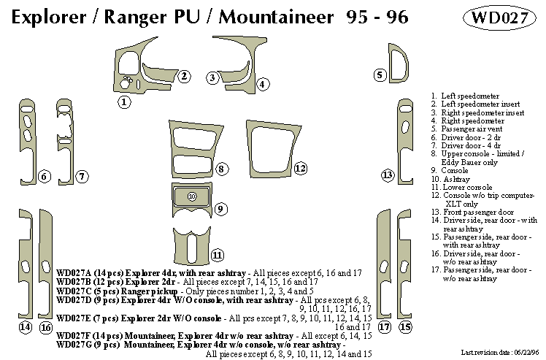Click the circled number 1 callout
click(125, 102)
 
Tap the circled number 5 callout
click(380, 74)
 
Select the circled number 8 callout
click(221, 169)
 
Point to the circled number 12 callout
click(300, 169)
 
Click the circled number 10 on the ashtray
click(192, 196)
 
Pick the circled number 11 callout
click(217, 255)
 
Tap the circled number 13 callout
click(388, 175)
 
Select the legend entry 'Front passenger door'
click(475, 212)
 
